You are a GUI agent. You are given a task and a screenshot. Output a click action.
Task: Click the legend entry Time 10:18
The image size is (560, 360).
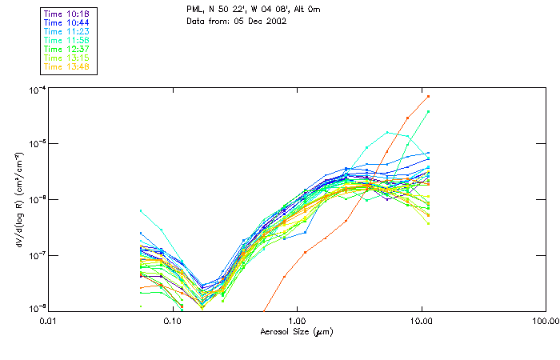pyautogui.click(x=66, y=14)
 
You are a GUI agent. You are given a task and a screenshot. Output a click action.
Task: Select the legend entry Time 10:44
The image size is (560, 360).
pyautogui.click(x=66, y=22)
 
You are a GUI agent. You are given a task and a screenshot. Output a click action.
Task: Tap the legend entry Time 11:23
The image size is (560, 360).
pyautogui.click(x=66, y=31)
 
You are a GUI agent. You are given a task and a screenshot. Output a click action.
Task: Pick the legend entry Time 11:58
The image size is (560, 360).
pyautogui.click(x=66, y=40)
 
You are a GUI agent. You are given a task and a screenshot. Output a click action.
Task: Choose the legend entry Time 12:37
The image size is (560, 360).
pyautogui.click(x=66, y=49)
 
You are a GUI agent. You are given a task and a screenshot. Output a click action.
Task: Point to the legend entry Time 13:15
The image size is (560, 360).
pyautogui.click(x=66, y=58)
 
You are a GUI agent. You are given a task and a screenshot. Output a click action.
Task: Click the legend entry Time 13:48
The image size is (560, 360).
pyautogui.click(x=66, y=66)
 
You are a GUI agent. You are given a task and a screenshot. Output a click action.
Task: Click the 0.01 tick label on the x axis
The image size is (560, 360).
pyautogui.click(x=49, y=320)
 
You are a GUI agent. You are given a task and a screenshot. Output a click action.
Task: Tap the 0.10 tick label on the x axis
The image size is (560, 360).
pyautogui.click(x=172, y=320)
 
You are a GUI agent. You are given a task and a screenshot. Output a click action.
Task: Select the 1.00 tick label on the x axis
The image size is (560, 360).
pyautogui.click(x=298, y=320)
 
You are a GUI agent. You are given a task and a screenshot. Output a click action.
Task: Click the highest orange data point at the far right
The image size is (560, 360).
pyautogui.click(x=429, y=96)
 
